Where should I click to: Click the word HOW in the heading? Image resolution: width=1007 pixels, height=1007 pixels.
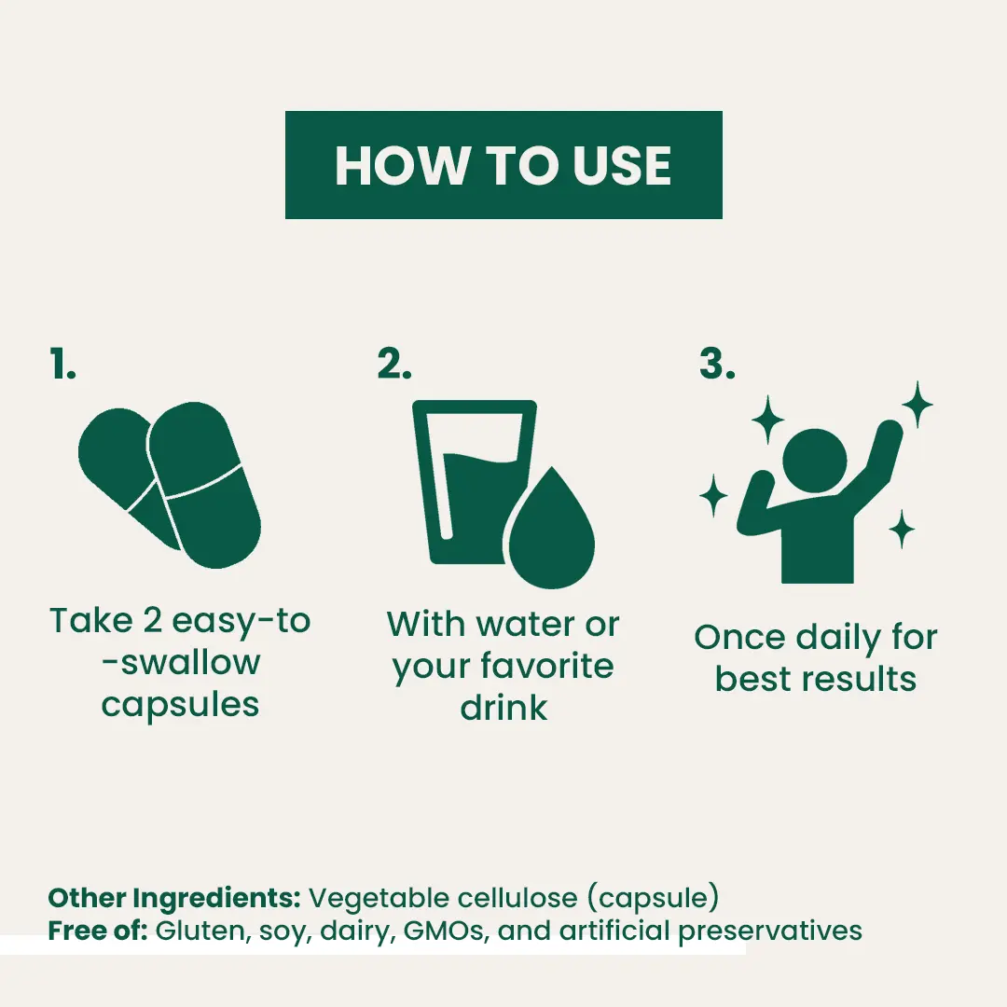pos(401,166)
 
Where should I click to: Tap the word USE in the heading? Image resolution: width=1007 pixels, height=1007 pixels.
pos(621,166)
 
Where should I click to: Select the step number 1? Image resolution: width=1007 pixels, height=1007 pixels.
pos(63,365)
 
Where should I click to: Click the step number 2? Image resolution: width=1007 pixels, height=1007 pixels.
pos(394,364)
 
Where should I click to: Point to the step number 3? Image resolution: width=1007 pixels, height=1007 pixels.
pos(717,364)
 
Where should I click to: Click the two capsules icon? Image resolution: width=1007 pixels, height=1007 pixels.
pos(171,485)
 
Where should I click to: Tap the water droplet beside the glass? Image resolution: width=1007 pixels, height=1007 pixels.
pos(552,530)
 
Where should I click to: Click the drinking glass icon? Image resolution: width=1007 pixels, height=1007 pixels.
pos(465,482)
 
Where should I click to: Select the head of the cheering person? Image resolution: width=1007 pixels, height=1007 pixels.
pos(814,462)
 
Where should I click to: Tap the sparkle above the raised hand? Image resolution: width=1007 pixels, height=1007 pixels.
pos(917,404)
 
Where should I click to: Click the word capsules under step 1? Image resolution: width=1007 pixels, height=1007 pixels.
pos(181,706)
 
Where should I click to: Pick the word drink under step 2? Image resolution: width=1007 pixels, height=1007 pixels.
pos(504,709)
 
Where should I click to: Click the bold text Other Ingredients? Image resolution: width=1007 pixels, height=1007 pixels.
pos(174,899)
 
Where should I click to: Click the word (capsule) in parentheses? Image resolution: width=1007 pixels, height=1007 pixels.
pos(653,899)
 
